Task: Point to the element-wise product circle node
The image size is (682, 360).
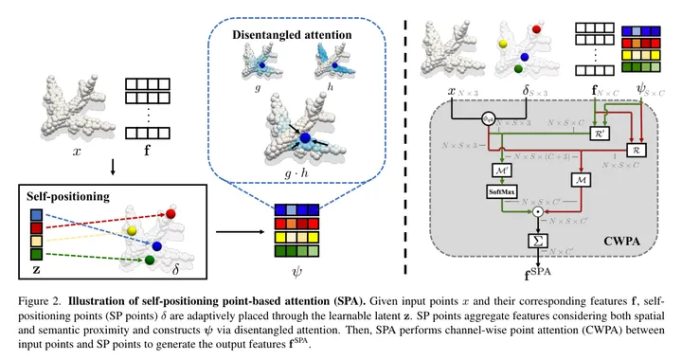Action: coord(537,214)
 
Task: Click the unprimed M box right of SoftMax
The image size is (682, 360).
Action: coord(580,178)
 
